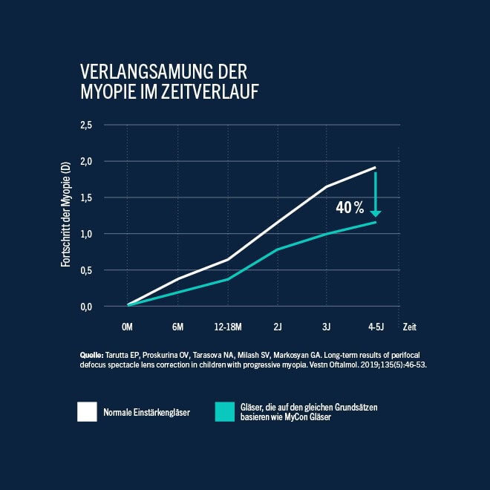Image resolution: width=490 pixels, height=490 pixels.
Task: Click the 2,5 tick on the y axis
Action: [107, 125]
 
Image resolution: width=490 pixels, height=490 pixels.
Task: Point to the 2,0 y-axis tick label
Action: [107, 161]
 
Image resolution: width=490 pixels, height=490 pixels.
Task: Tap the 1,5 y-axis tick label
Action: [107, 197]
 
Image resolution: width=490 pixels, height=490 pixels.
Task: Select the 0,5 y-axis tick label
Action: [107, 270]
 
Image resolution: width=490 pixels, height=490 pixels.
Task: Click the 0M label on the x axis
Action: [127, 326]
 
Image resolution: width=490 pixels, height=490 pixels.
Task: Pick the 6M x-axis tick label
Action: [177, 326]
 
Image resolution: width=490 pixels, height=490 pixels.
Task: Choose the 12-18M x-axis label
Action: [227, 326]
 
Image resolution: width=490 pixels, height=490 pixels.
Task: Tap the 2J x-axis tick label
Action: [277, 326]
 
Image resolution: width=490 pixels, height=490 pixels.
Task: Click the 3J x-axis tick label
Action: [327, 326]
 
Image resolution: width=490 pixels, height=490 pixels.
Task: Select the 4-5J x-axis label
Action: [376, 326]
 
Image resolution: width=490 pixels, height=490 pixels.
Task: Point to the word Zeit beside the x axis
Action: [409, 326]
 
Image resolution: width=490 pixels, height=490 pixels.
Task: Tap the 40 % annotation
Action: [350, 208]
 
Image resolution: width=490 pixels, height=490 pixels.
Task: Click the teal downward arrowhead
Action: [376, 214]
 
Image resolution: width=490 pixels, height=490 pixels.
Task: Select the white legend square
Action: [87, 412]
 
